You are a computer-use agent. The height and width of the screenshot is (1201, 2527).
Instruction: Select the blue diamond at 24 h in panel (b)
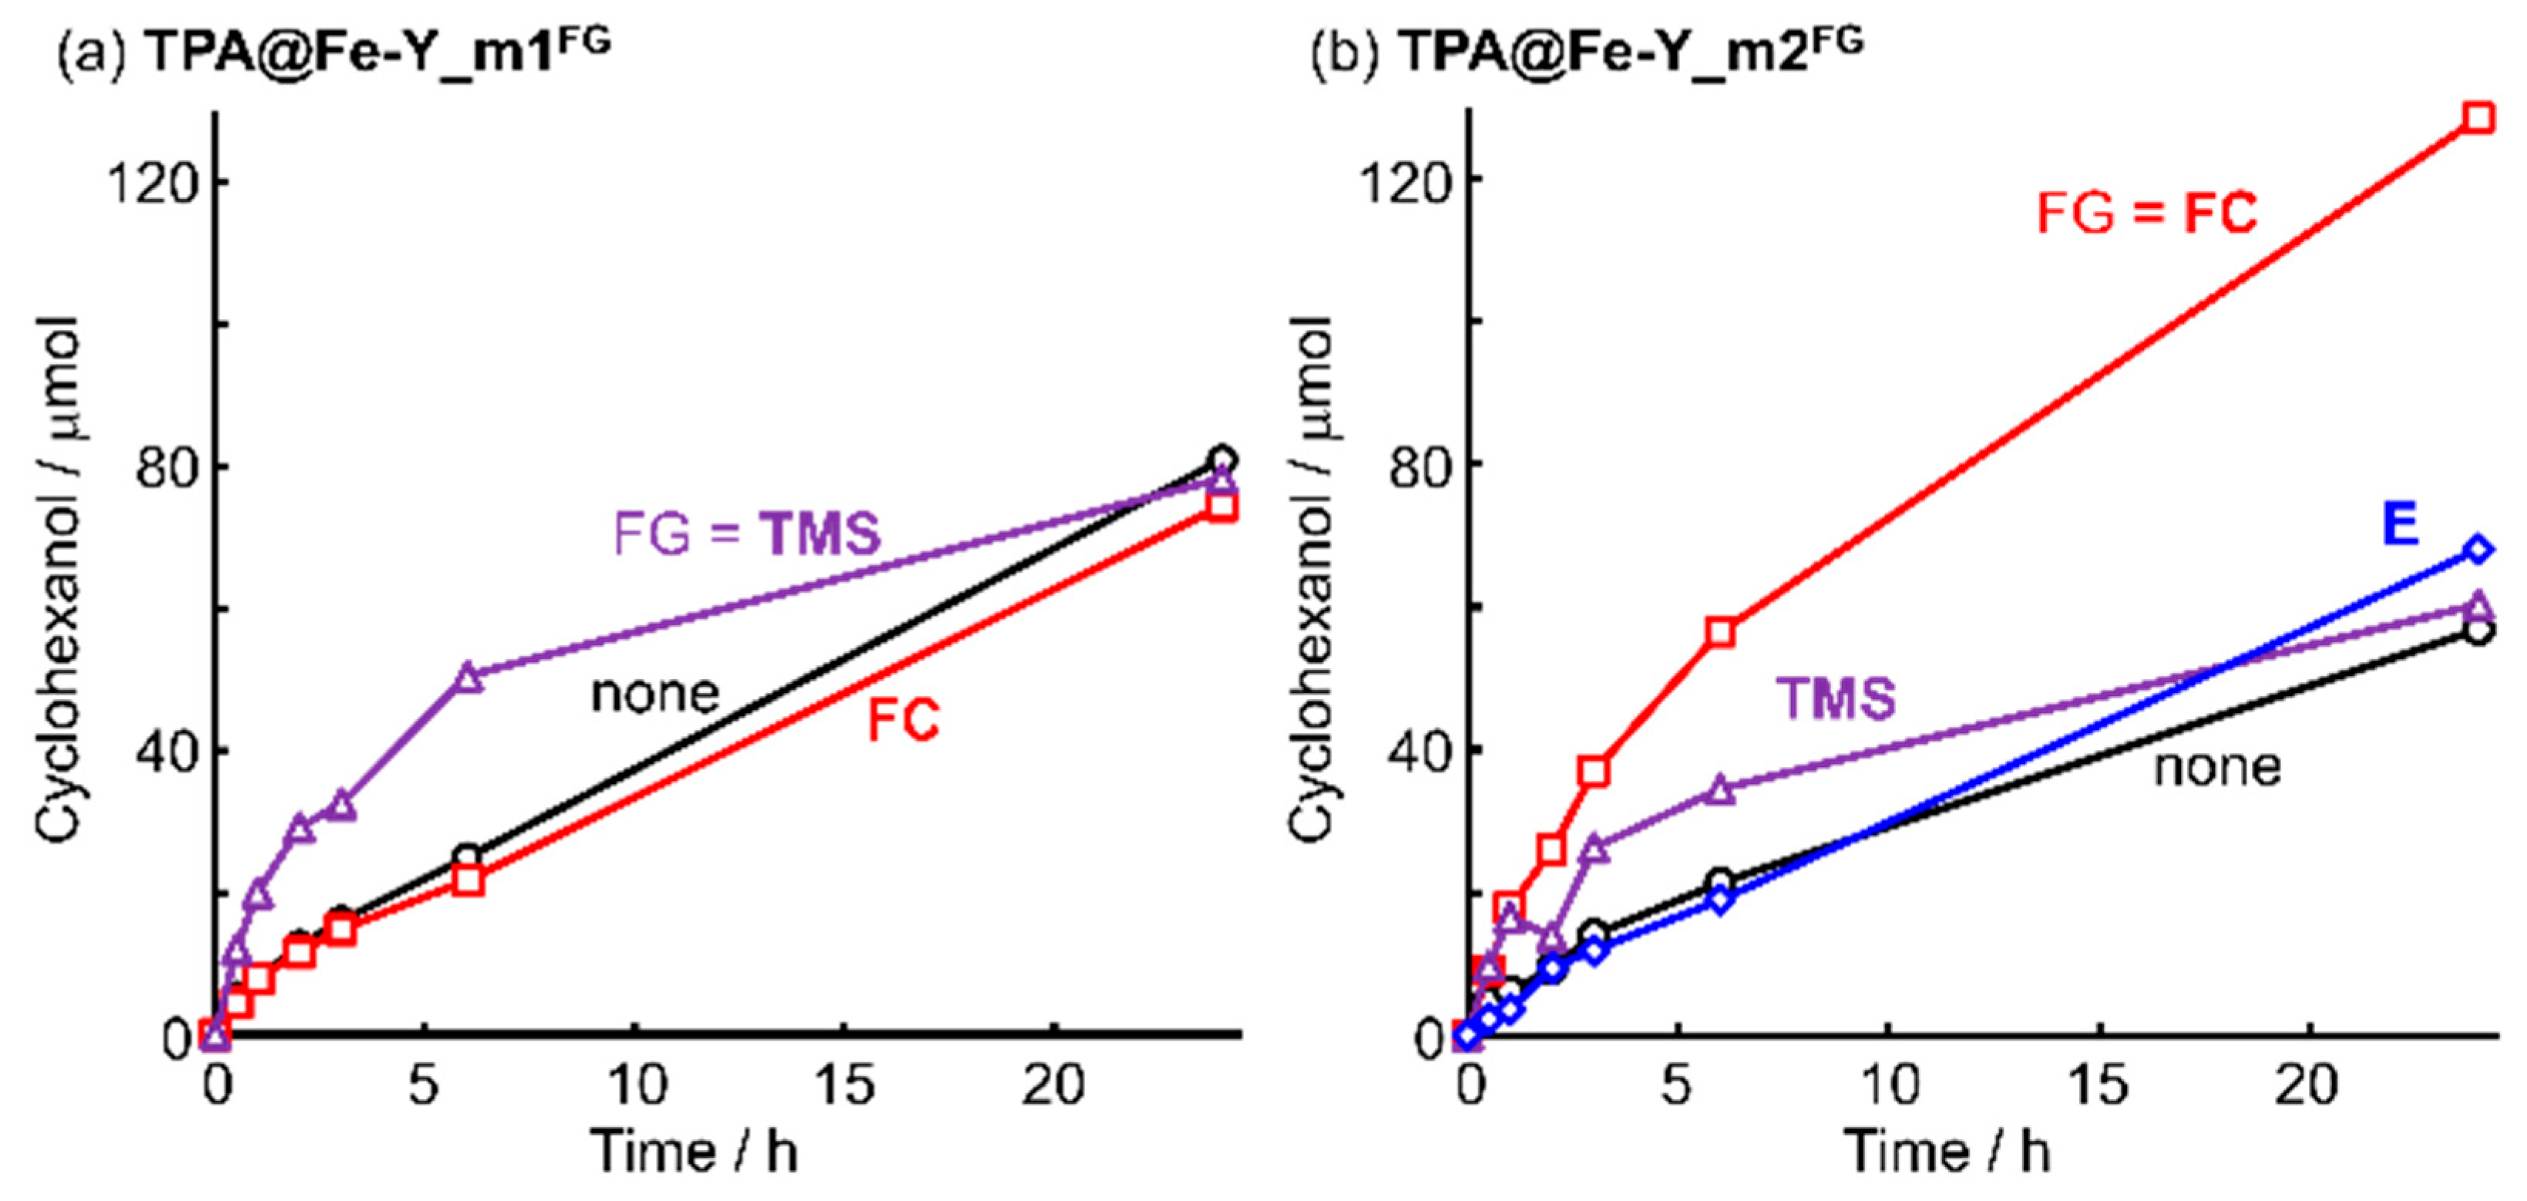point(2478,550)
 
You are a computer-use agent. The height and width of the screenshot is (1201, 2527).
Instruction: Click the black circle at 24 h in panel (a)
point(1222,459)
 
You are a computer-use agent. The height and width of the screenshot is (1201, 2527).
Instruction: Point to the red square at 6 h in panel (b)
point(1719,633)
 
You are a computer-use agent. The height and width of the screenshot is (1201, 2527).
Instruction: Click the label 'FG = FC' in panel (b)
point(2146,212)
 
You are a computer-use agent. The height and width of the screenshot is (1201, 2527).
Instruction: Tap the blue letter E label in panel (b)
point(2401,524)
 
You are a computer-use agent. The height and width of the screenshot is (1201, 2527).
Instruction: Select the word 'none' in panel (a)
point(654,694)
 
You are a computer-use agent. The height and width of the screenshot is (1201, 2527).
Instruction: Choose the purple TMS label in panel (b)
point(1836,698)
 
